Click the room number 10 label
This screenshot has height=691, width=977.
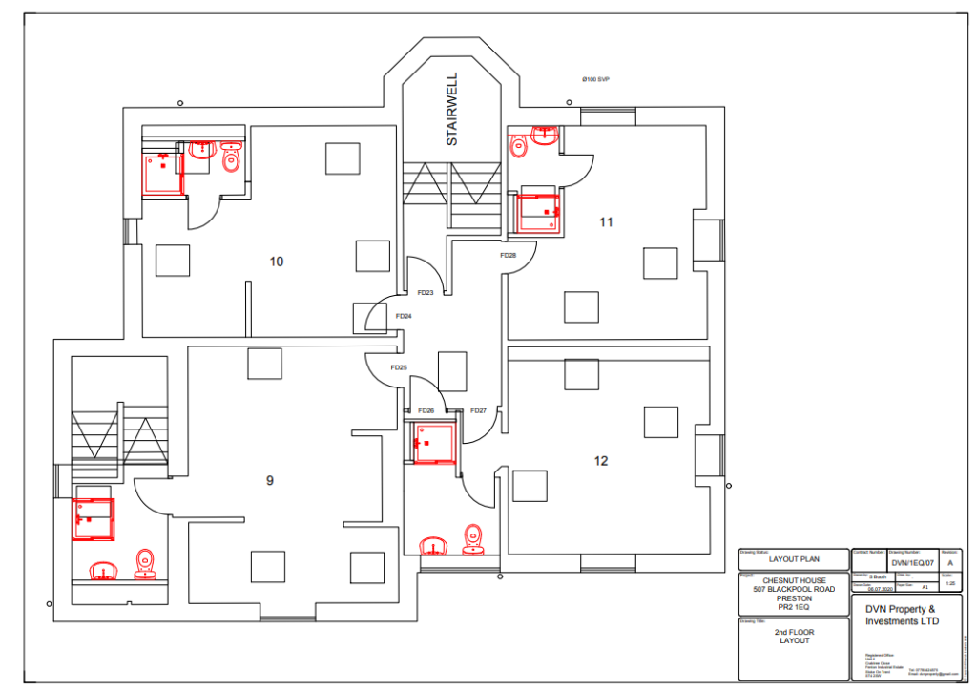click(277, 262)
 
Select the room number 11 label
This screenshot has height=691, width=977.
click(606, 222)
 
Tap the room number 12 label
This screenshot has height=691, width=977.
click(601, 461)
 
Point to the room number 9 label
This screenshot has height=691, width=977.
click(270, 481)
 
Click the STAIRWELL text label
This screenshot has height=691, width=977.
click(452, 109)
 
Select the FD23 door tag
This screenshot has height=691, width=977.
click(426, 293)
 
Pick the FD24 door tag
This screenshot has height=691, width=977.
click(403, 316)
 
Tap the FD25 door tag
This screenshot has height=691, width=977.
click(399, 367)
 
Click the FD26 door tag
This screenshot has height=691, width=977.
click(426, 410)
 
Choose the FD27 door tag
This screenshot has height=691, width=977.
click(479, 410)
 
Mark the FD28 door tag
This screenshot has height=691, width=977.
click(508, 255)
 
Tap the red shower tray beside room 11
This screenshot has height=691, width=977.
click(538, 212)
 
